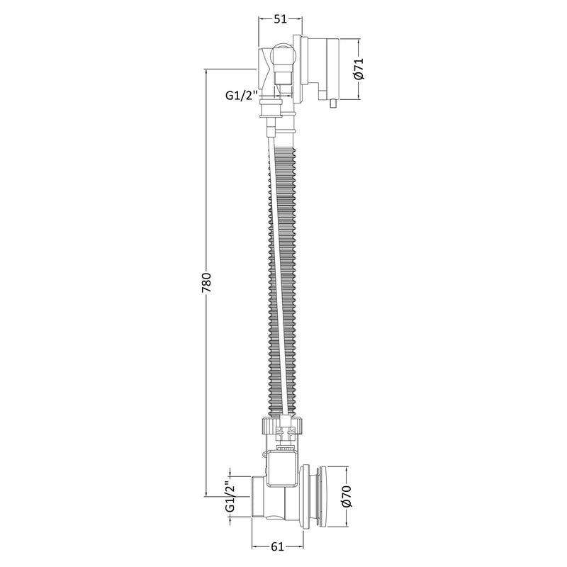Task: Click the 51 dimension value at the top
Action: click(x=280, y=19)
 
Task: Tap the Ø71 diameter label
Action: click(x=359, y=69)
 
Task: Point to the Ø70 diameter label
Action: click(x=346, y=497)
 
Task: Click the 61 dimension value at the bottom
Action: click(x=277, y=546)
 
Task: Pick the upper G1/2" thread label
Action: click(x=241, y=95)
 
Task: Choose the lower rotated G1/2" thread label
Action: click(x=230, y=497)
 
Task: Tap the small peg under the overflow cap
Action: click(x=333, y=104)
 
